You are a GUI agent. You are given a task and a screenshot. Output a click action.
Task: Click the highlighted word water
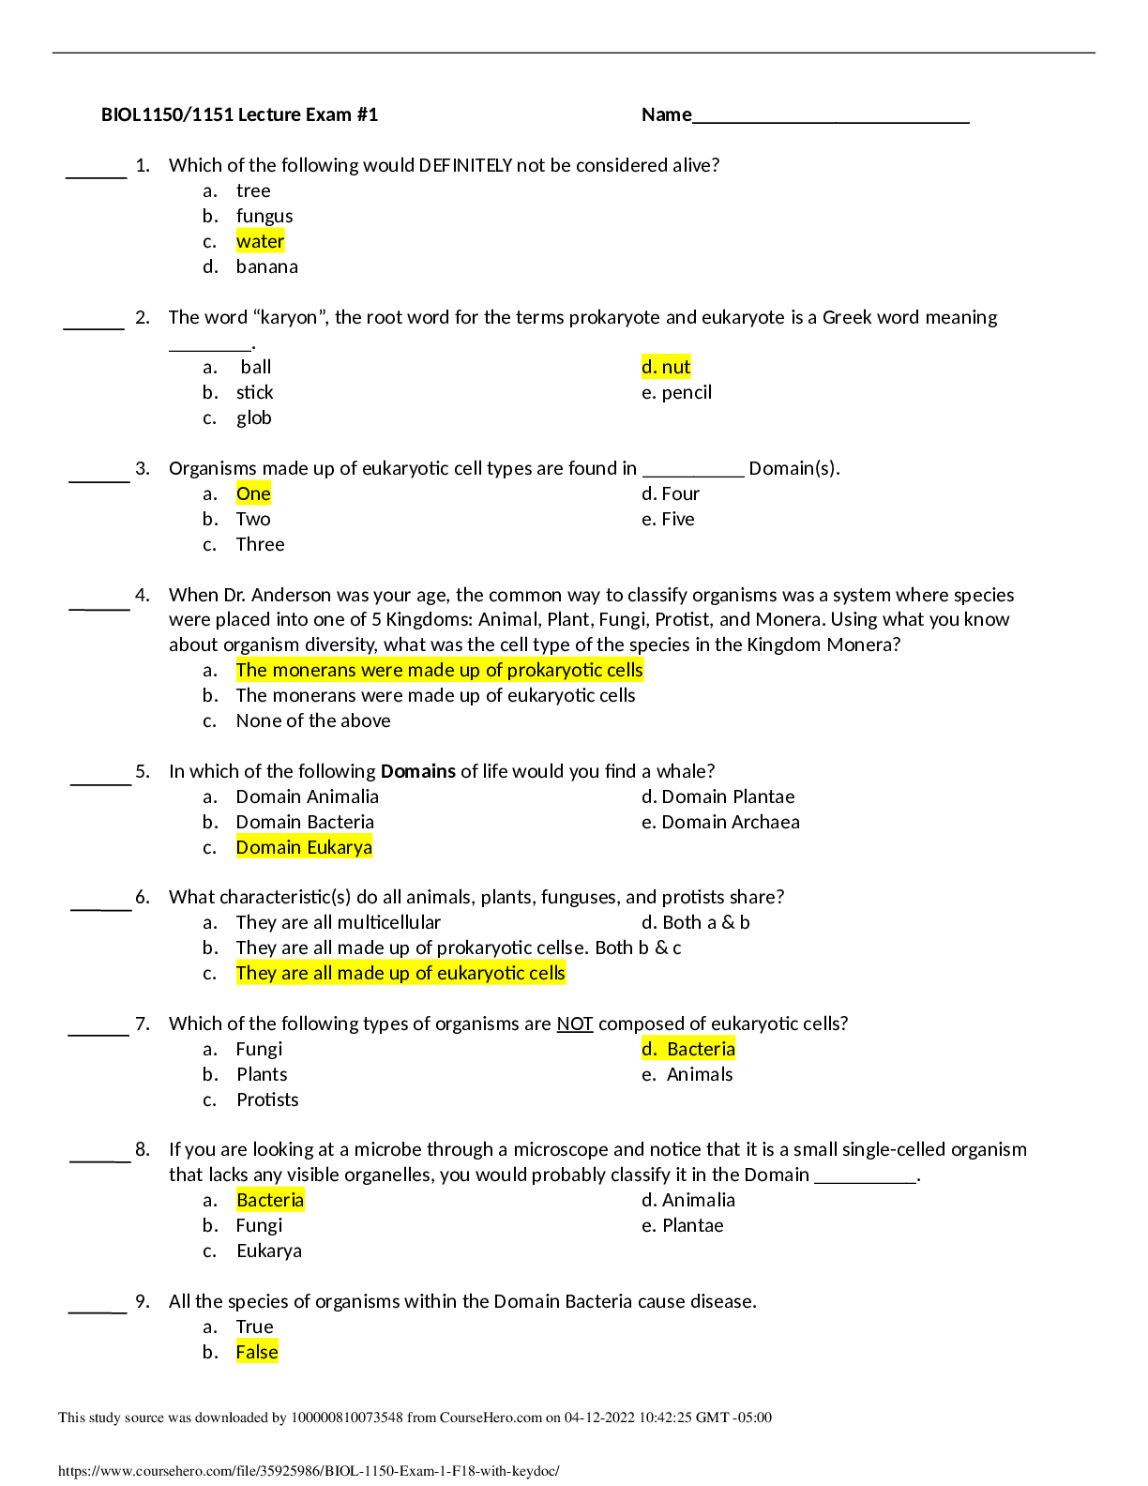pos(260,242)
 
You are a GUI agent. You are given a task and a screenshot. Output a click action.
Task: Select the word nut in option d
pos(676,367)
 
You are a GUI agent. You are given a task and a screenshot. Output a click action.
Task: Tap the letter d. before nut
pos(649,367)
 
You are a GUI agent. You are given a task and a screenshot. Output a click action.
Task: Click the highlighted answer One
pos(253,494)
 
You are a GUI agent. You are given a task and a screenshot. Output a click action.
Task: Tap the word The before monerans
pos(251,670)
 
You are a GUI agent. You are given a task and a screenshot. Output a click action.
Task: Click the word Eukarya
pos(339,848)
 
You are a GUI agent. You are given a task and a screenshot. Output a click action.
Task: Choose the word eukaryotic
pos(480,973)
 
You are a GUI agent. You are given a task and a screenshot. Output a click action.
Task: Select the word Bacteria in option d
pos(701,1049)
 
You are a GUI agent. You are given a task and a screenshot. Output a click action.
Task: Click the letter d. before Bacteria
pos(649,1049)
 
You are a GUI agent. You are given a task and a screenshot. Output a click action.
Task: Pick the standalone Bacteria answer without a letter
pos(270,1200)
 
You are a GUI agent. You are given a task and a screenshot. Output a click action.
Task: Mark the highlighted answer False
pos(257,1352)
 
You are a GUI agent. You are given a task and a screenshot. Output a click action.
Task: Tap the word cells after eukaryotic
pos(547,973)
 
